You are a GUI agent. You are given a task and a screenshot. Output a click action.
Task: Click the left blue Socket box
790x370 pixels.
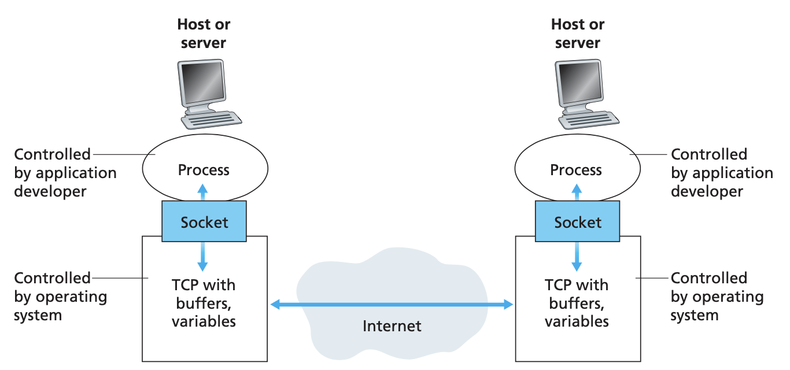click(x=204, y=221)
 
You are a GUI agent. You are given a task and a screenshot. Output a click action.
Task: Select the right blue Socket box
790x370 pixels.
click(x=577, y=221)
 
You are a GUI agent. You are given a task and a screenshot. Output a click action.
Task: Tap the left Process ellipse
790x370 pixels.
click(x=204, y=169)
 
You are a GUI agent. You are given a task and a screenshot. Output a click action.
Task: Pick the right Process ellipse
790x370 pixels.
click(x=577, y=169)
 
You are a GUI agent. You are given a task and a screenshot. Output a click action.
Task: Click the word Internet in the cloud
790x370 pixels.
click(x=392, y=326)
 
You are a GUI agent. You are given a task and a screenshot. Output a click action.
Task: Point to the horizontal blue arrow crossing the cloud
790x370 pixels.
click(x=392, y=304)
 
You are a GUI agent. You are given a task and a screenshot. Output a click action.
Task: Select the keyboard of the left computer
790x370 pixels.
click(x=212, y=119)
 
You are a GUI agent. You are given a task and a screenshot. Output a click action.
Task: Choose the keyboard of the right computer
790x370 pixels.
click(x=588, y=119)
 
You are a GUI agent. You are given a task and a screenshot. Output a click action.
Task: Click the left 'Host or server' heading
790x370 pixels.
click(x=204, y=34)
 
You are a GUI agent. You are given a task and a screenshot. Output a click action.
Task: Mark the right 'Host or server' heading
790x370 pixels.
click(x=577, y=34)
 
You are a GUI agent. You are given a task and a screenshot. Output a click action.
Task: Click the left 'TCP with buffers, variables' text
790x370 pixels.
click(x=204, y=304)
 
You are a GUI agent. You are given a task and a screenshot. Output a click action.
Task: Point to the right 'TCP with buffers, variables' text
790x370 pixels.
click(x=577, y=304)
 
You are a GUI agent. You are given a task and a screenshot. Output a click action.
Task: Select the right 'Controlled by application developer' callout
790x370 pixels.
click(x=721, y=173)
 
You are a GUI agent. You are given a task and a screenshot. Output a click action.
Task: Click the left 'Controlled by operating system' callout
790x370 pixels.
click(x=60, y=297)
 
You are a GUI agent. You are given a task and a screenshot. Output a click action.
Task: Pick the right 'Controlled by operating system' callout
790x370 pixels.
click(x=717, y=297)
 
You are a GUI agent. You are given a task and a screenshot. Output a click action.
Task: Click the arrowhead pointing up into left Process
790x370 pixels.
click(x=202, y=188)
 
